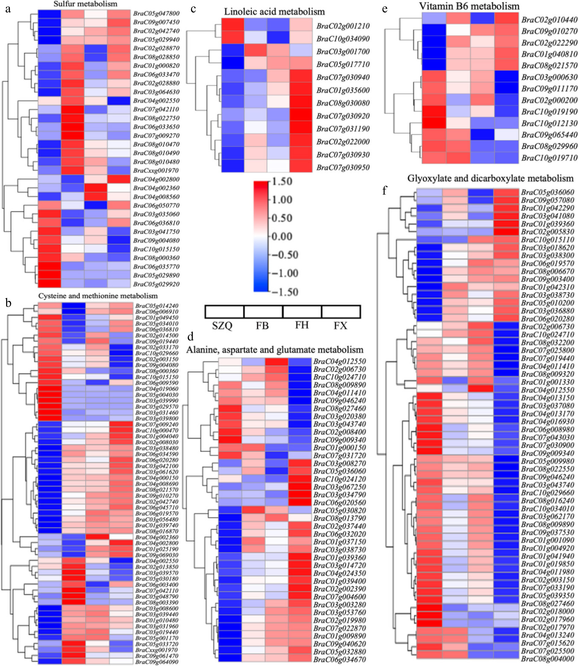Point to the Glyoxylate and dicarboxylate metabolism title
click(490, 178)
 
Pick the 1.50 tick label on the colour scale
click(282, 181)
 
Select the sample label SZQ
click(222, 326)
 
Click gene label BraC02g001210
click(343, 26)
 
